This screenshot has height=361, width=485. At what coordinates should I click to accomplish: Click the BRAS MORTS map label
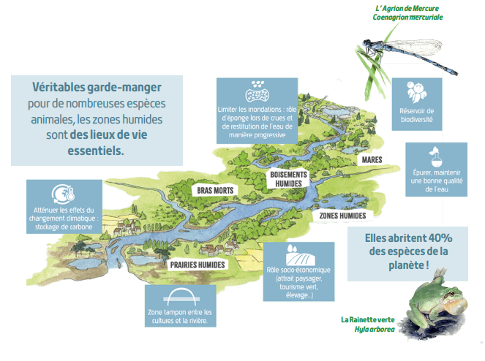214,191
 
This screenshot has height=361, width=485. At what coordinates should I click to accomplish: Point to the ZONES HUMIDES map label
342,216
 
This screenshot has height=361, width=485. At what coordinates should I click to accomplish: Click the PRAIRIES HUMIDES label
197,265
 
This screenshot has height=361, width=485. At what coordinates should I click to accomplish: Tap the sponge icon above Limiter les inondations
258,91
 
